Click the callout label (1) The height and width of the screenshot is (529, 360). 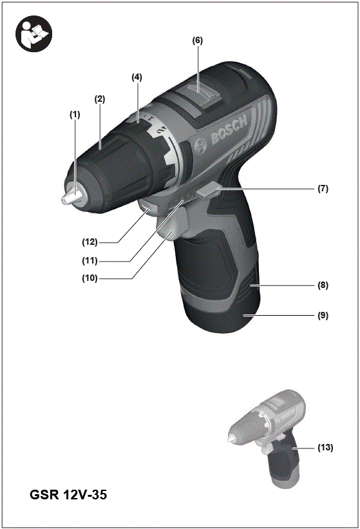(x=75, y=114)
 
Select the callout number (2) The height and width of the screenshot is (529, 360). (x=100, y=99)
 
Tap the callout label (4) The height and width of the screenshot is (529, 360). (x=137, y=77)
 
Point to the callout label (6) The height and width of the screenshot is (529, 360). (x=197, y=40)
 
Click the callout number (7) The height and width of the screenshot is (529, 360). (x=323, y=189)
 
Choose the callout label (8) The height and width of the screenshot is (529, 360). (x=323, y=284)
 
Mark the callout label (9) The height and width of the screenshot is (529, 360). (x=323, y=316)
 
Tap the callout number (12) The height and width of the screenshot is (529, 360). (x=90, y=242)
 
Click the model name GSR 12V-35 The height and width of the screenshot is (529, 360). (x=68, y=495)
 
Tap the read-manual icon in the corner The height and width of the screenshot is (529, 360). (x=32, y=32)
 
